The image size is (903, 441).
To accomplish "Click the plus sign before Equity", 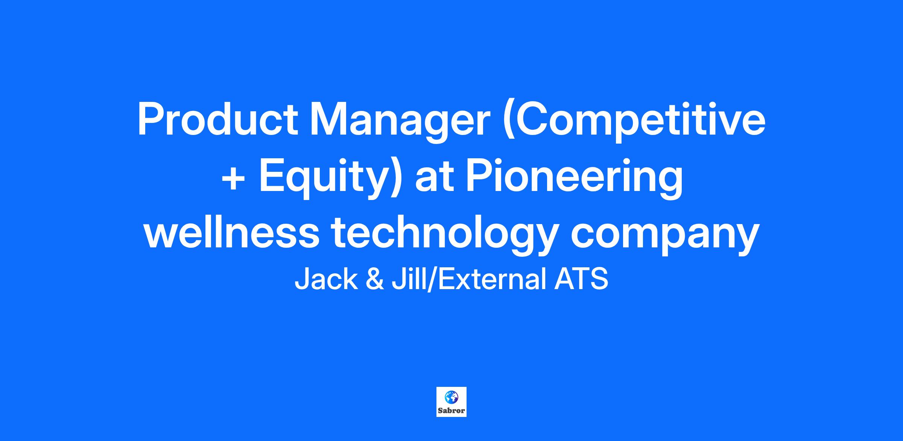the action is tap(234, 177).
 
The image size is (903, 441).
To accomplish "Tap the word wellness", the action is tap(231, 233).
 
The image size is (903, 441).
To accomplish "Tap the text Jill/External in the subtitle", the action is tap(469, 279).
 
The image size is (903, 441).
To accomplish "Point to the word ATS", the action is tap(581, 279).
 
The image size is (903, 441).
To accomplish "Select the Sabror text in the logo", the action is tap(451, 411).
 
